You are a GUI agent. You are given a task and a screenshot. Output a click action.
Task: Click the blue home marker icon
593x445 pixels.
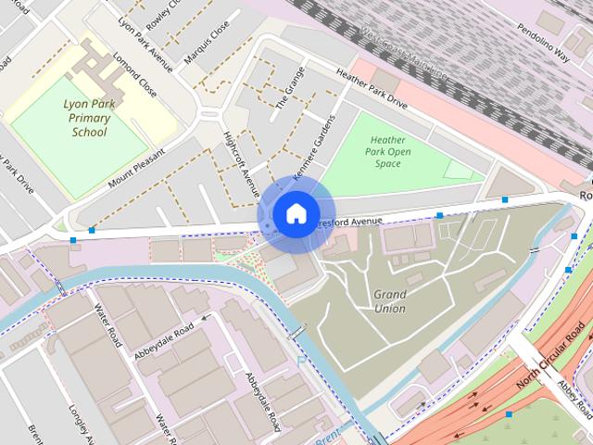(296, 214)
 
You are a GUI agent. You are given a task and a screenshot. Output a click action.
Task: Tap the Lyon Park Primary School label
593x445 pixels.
(89, 118)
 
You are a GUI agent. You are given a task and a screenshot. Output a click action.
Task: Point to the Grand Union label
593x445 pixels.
(389, 301)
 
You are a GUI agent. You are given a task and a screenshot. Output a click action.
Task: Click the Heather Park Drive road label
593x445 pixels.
(372, 89)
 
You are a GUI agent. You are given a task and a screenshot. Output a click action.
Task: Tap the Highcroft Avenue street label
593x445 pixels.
(242, 165)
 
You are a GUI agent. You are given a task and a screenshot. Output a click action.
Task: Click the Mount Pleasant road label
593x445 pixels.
(136, 168)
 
